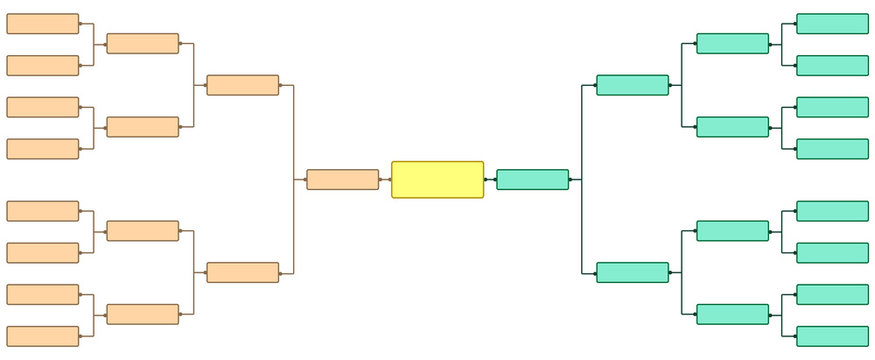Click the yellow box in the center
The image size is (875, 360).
[x=437, y=180]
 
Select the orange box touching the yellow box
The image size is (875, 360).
[x=342, y=180]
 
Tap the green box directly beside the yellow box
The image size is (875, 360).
[x=532, y=180]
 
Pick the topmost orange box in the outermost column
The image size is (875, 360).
[x=42, y=24]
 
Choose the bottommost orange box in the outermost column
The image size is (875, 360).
[x=42, y=336]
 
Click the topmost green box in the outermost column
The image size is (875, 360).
[x=832, y=24]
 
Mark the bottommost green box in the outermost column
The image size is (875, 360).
[x=832, y=336]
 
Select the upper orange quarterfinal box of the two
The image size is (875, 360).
[x=242, y=85]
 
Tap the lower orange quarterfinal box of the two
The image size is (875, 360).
[x=242, y=272]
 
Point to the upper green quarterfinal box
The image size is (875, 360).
[x=632, y=85]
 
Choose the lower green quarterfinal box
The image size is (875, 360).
[x=632, y=272]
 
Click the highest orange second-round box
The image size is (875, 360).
[x=142, y=44]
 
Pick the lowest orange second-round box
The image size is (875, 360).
[x=142, y=314]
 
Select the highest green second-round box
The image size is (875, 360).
[x=732, y=44]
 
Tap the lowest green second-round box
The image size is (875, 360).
[x=732, y=314]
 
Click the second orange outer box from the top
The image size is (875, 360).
[x=42, y=66]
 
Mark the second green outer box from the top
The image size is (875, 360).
[x=832, y=66]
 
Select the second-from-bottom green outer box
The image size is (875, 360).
[x=832, y=294]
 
